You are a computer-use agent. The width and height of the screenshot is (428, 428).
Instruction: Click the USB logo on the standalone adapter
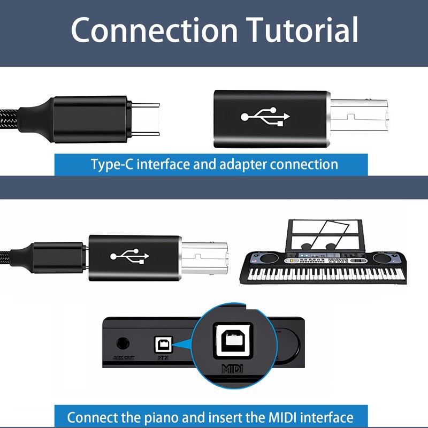pos(265,117)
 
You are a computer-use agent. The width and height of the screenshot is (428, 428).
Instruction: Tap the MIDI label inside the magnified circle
pos(233,369)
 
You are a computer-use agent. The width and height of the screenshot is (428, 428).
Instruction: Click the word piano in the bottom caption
pos(173,417)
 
